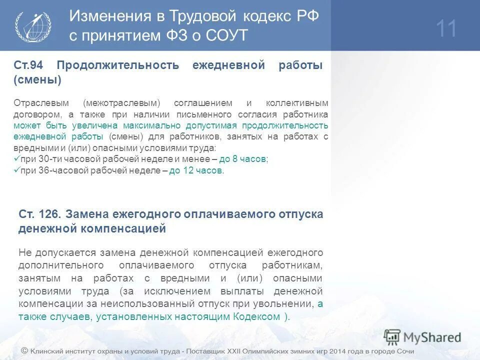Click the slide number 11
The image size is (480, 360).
click(446, 28)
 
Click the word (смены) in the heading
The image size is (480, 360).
click(37, 79)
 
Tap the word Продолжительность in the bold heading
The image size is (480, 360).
click(117, 65)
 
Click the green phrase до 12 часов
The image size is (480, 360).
click(196, 170)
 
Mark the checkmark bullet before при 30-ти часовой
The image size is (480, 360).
click(16, 158)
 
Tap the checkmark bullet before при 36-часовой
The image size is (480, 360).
click(16, 170)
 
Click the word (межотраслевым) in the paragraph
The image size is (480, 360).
click(122, 103)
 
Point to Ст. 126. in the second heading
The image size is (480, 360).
click(40, 214)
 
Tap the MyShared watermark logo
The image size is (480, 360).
click(422, 337)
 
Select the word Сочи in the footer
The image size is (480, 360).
click(404, 351)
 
